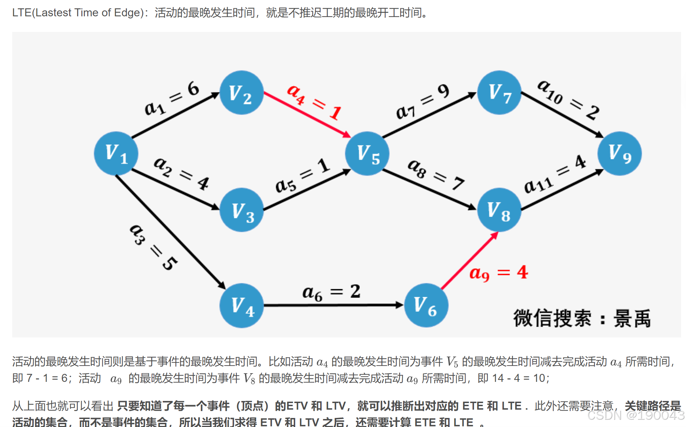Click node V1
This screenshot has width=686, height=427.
(x=116, y=153)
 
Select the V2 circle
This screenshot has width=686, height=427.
(x=242, y=93)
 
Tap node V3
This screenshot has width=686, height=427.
(x=242, y=210)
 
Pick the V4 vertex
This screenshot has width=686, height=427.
(x=242, y=305)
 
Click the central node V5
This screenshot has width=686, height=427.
(x=367, y=153)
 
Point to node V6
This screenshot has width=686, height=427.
(x=426, y=305)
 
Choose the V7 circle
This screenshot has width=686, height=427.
(x=499, y=93)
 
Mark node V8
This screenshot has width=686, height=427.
(x=499, y=210)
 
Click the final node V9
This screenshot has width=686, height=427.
(x=620, y=153)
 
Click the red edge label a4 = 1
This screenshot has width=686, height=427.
(x=314, y=102)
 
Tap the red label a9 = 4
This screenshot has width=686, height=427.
(x=499, y=273)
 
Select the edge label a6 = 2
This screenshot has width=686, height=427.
(x=331, y=292)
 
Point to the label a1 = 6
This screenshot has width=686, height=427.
(x=172, y=98)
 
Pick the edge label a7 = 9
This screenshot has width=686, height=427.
(x=422, y=101)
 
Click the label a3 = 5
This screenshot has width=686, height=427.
(x=153, y=247)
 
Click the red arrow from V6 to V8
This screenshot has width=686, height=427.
(x=469, y=261)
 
